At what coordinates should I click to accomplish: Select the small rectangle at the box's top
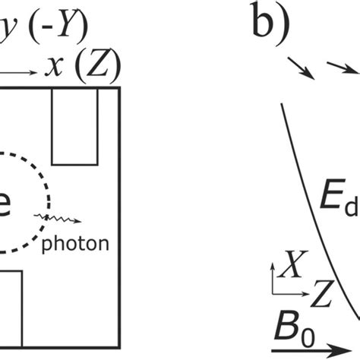point(74,126)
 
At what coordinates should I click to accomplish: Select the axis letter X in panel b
point(289,267)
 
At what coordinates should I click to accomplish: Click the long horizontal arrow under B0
point(311,349)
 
